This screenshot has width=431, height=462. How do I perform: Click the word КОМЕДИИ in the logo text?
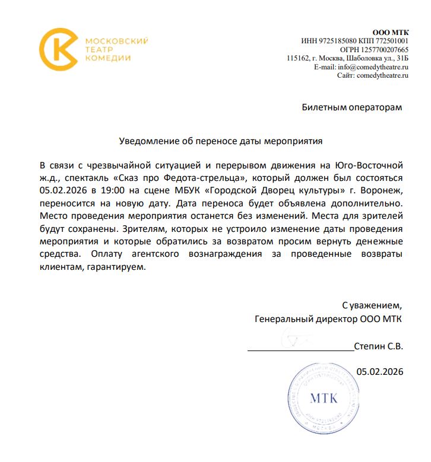(x=108, y=58)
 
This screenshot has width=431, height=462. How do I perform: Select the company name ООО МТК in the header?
(x=390, y=32)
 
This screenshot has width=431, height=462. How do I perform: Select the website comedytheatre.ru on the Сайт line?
(x=382, y=76)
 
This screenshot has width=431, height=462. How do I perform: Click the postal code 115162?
(x=299, y=59)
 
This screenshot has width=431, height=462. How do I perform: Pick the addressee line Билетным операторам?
(x=351, y=107)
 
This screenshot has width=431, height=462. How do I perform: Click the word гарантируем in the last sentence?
(x=119, y=267)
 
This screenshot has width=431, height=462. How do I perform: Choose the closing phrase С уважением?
(x=372, y=306)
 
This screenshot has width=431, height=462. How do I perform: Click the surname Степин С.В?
(x=378, y=345)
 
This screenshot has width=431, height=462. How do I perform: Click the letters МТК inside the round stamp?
(x=324, y=397)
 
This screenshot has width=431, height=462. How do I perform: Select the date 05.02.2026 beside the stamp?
(x=380, y=372)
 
